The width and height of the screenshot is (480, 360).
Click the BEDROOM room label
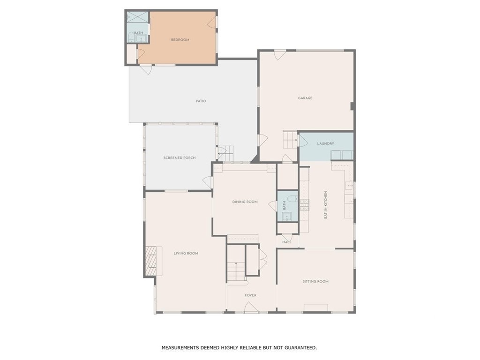pos(180,40)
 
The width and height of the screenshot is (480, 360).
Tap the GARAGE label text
pos(305,98)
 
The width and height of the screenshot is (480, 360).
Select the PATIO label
pos(201,101)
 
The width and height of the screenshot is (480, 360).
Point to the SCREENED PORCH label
pos(180,158)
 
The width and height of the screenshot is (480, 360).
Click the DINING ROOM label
pos(245,202)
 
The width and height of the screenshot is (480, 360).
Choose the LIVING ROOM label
pos(186,254)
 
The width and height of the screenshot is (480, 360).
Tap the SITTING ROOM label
pos(315,282)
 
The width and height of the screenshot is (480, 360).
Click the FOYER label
pos(251,295)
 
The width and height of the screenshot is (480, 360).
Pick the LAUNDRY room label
pos(326,143)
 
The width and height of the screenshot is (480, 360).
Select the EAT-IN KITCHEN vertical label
pos(326,205)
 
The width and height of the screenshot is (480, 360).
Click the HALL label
pos(287,242)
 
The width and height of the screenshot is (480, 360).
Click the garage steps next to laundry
pos(290,139)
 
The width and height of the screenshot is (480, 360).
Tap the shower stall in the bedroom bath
pos(137,17)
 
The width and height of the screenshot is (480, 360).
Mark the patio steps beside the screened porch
pos(226,153)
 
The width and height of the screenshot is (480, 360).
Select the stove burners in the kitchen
pos(304,205)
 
